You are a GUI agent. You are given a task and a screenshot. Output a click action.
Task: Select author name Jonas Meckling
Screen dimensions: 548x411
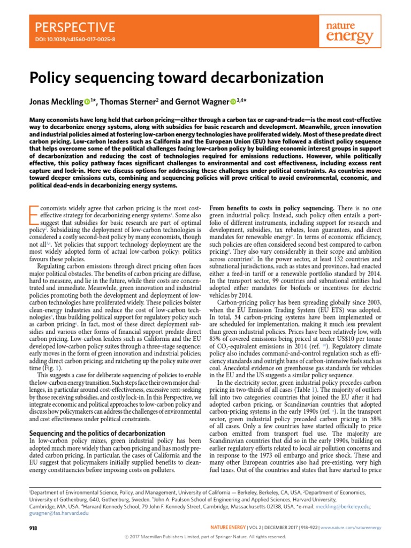(54, 102)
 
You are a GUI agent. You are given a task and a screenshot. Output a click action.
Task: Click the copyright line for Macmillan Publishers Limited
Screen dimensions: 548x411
(205, 537)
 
